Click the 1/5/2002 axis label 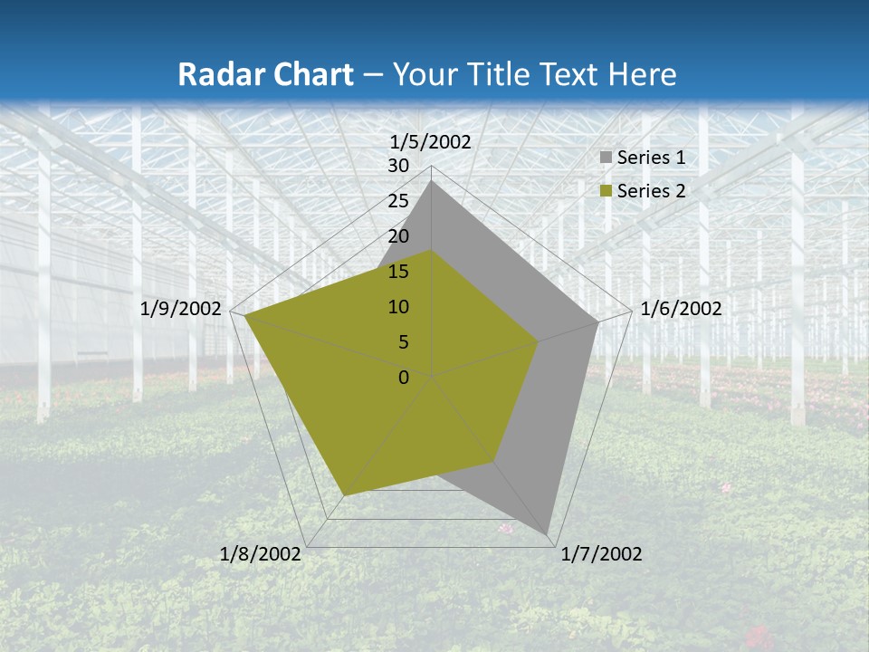pyautogui.click(x=430, y=141)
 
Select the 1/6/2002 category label pyautogui.click(x=681, y=309)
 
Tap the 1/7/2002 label pyautogui.click(x=601, y=554)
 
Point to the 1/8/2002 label pyautogui.click(x=261, y=554)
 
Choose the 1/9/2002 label pyautogui.click(x=181, y=309)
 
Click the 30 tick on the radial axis pyautogui.click(x=398, y=166)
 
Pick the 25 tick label pyautogui.click(x=398, y=201)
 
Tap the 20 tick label pyautogui.click(x=398, y=236)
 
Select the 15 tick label pyautogui.click(x=398, y=272)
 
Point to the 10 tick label pyautogui.click(x=398, y=307)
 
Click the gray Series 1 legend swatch pyautogui.click(x=606, y=158)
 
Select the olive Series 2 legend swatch pyautogui.click(x=606, y=191)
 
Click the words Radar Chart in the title pyautogui.click(x=265, y=74)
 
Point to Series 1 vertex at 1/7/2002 pyautogui.click(x=549, y=532)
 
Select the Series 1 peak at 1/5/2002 pyautogui.click(x=432, y=182)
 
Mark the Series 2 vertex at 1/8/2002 pyautogui.click(x=345, y=495)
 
